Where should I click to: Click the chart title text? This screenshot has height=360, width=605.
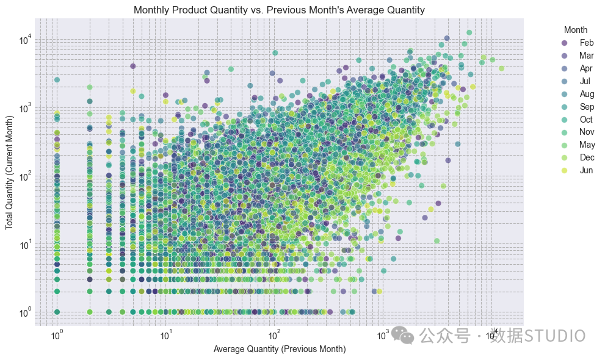(x=279, y=10)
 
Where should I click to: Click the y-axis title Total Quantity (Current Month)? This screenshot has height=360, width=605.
(x=9, y=172)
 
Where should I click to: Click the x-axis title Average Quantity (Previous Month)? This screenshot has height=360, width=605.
(x=280, y=349)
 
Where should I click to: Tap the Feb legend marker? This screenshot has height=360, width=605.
(x=565, y=43)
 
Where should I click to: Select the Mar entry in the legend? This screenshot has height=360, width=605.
(x=578, y=56)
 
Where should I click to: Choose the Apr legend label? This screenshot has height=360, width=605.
(x=585, y=68)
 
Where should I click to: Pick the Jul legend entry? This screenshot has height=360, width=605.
(x=576, y=81)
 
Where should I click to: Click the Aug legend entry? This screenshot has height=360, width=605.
(x=578, y=94)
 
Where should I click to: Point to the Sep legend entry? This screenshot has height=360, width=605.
(x=578, y=106)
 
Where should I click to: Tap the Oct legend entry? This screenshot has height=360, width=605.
(x=577, y=119)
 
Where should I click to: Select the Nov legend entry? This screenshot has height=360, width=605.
(x=578, y=132)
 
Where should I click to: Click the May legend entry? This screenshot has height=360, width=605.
(x=578, y=145)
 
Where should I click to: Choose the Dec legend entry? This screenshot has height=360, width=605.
(x=578, y=157)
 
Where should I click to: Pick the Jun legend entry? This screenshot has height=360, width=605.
(x=577, y=170)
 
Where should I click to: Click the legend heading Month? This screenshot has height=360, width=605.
(x=576, y=30)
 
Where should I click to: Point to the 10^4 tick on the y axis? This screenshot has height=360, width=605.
(x=26, y=40)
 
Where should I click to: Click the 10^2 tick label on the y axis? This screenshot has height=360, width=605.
(x=26, y=176)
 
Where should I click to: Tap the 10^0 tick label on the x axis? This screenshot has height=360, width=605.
(x=57, y=336)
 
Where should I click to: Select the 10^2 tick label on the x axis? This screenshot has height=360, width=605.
(x=274, y=336)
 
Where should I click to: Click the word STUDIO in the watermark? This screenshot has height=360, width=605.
(x=555, y=336)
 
